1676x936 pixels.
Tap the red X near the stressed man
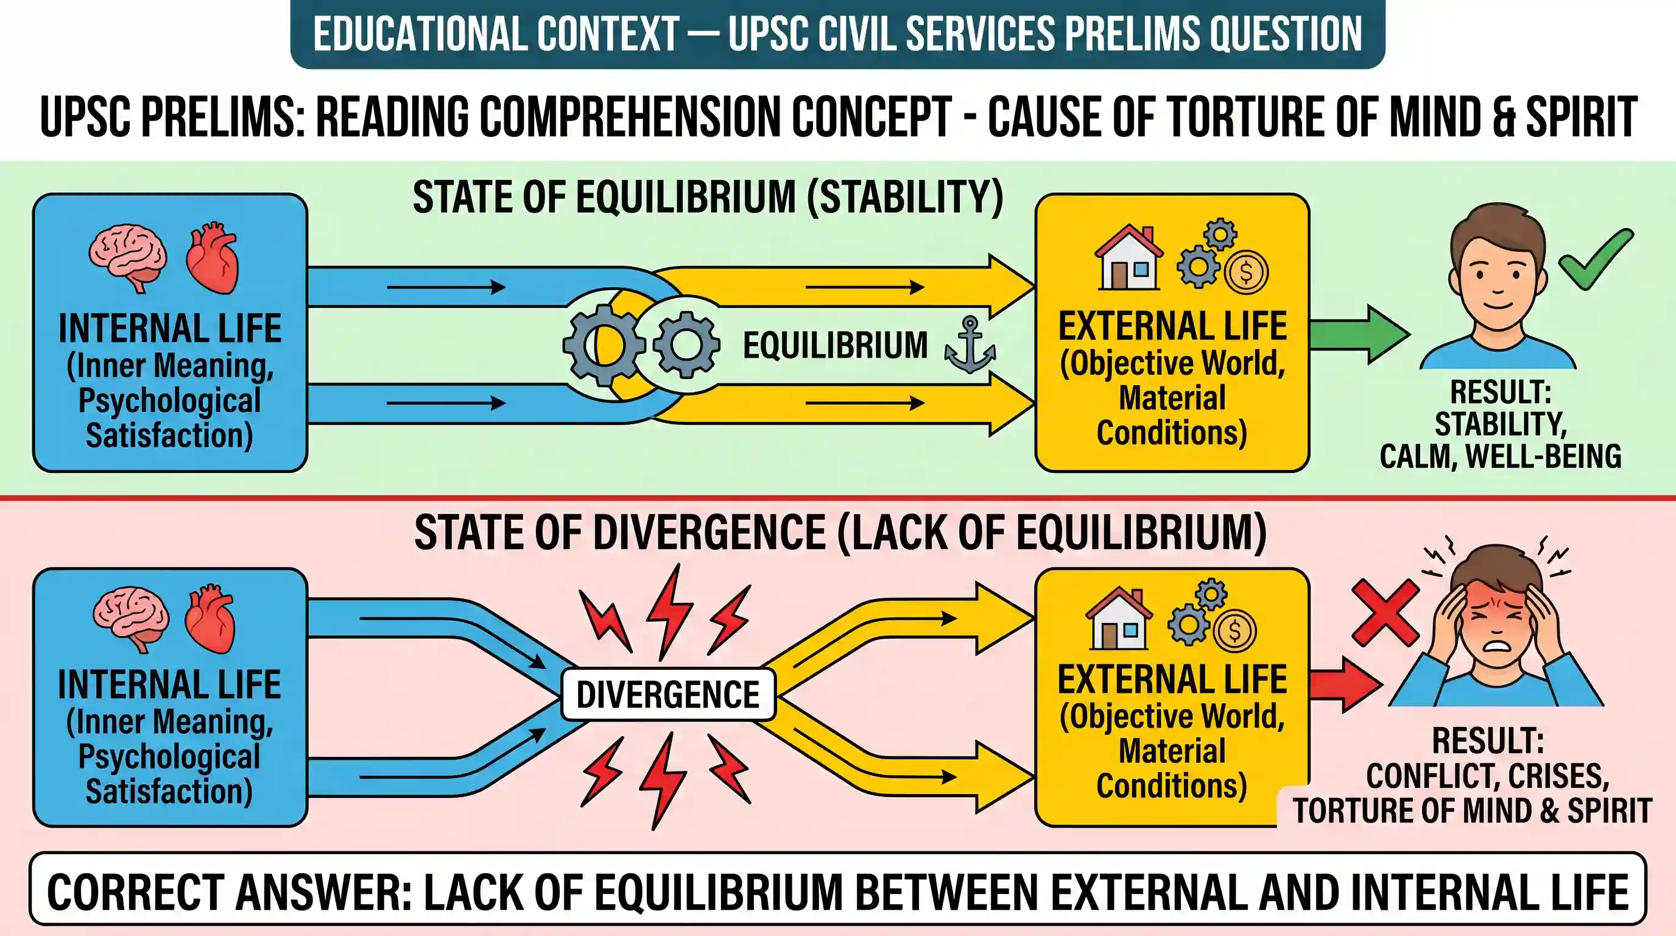[1385, 612]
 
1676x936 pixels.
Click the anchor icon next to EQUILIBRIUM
[970, 345]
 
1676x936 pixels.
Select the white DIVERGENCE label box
[668, 694]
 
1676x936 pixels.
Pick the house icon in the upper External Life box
[1129, 258]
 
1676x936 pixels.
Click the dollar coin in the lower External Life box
[1235, 630]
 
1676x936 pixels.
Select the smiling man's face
[1498, 274]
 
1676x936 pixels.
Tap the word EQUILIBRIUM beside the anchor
[836, 345]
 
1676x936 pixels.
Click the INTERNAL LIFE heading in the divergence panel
[169, 684]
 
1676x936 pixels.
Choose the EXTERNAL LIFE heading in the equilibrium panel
[1172, 326]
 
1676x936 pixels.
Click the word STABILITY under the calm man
[1501, 424]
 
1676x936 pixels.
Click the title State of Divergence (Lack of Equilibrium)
[840, 533]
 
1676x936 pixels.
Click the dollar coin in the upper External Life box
[1246, 272]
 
